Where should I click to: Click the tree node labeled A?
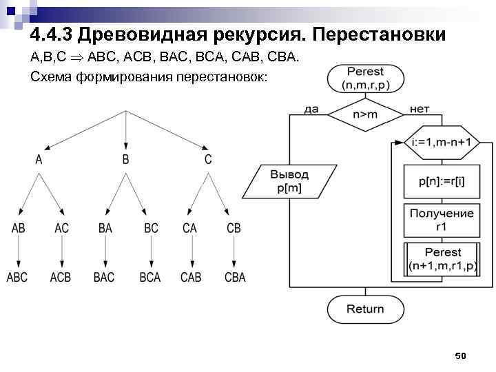point(39,159)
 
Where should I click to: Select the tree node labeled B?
point(125,159)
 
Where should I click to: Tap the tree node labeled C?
point(208,159)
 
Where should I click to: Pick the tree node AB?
point(18,228)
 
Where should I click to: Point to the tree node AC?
point(61,228)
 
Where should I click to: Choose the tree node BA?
point(105,228)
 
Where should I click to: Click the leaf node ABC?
point(18,277)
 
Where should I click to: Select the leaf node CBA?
point(234,277)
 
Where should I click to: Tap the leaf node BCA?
point(149,277)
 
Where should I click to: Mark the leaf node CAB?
point(191,277)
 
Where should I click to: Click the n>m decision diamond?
point(365,114)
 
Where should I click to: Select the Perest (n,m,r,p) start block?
point(365,78)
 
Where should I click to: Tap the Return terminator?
point(365,309)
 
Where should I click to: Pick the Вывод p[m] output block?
point(289,182)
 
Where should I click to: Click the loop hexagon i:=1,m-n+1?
point(441,143)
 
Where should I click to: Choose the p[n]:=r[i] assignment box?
point(441,182)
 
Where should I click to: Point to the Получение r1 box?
point(441,219)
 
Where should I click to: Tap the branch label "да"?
point(311,109)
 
